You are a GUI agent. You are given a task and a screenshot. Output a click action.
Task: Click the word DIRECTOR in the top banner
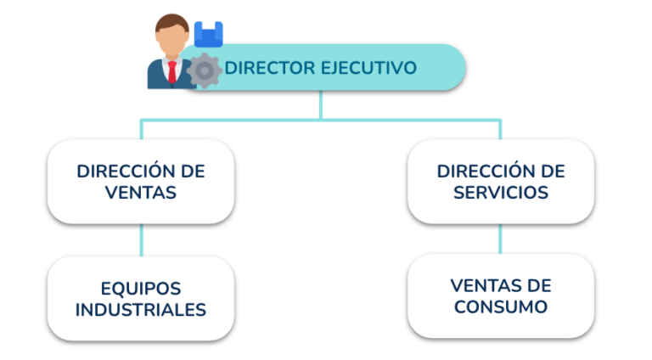pos(270,68)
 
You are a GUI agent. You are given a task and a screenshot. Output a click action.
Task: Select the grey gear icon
pos(204,70)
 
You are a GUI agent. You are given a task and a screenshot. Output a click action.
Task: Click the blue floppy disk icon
pos(209,34)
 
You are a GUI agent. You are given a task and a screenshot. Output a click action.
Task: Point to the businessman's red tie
pos(172,71)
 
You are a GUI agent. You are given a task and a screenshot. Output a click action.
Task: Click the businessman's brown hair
pos(172,24)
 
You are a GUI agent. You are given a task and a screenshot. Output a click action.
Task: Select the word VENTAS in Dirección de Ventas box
pos(141,193)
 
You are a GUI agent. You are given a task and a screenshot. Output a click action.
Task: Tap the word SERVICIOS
pos(501,193)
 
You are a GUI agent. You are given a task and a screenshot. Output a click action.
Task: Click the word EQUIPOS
pos(141,289)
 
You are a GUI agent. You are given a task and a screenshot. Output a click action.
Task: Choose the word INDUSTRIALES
pos(141,310)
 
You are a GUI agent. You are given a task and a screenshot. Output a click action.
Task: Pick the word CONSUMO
pos(501,307)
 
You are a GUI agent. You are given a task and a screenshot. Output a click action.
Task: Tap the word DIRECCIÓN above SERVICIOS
pos(481,171)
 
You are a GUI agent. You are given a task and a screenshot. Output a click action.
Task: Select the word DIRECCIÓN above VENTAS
pos(121,171)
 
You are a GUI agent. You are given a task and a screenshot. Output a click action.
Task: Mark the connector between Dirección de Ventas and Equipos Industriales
pos(142,240)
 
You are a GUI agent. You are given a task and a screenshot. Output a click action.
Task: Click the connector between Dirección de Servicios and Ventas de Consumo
pos(500,239)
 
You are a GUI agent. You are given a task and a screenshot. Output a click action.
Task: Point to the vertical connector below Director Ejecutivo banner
pos(321,105)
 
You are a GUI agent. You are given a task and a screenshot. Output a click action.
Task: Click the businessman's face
pos(172,41)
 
